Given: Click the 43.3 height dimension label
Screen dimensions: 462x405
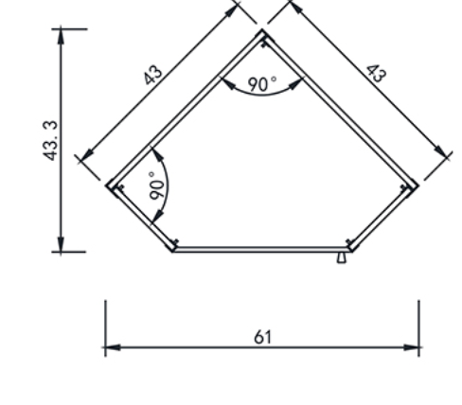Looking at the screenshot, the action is [x=50, y=141].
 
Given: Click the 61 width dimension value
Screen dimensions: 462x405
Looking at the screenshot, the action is [x=262, y=337].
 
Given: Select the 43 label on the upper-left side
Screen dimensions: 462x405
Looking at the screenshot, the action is [x=153, y=75].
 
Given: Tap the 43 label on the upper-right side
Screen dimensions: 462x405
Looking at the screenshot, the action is [x=376, y=74].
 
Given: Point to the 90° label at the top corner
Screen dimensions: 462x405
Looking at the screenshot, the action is [x=262, y=84].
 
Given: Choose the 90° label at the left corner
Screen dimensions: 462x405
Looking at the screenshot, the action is [x=157, y=185].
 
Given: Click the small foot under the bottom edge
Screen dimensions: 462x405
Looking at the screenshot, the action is [x=342, y=257].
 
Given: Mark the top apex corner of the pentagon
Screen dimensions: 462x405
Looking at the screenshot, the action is [x=262, y=29].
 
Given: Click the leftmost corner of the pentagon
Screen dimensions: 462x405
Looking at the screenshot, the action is [x=107, y=185].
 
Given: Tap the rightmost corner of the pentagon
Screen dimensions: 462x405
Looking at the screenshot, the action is [x=418, y=185].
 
